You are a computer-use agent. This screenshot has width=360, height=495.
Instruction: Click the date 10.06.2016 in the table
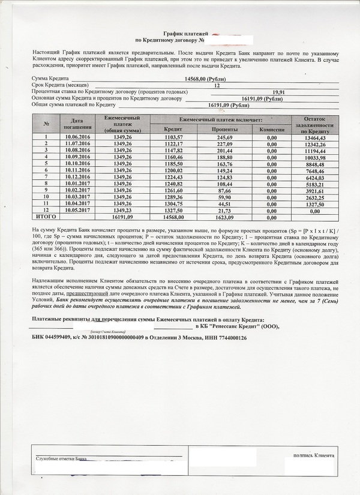pos(76,137)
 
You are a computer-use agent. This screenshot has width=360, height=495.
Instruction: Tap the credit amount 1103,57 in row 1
pos(173,137)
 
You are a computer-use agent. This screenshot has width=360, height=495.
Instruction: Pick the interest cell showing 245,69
pos(224,137)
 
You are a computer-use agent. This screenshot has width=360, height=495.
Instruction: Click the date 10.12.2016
pos(76,178)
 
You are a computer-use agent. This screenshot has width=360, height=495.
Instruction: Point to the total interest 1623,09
pos(224,217)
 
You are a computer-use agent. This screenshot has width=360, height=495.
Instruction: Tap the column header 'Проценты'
pos(224,129)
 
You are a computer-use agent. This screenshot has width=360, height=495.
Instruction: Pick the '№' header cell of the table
pos(46,124)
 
